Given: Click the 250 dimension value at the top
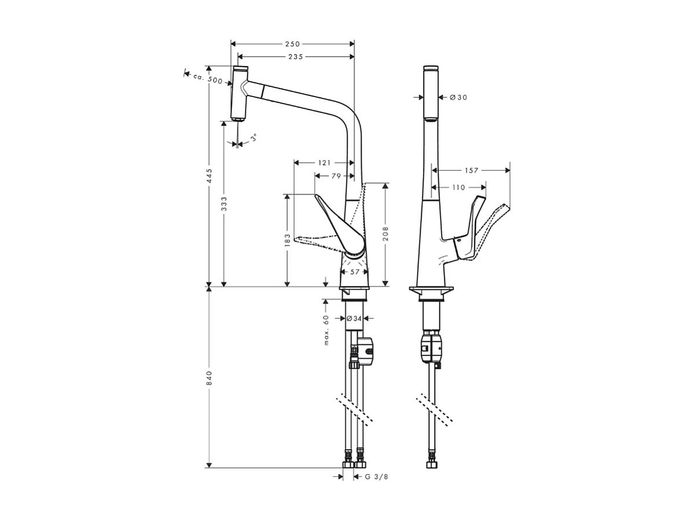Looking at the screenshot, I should pos(292,44).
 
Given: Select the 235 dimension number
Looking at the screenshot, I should pos(296,56).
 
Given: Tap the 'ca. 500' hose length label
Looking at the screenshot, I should pos(208,79).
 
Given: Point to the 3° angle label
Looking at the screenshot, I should pos(253,138).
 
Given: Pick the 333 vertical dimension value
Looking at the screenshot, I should pos(224,204).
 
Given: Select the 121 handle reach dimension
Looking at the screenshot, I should pos(325,163).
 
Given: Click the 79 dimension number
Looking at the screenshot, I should pos(336,176).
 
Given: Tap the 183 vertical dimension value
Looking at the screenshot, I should pos(286,240).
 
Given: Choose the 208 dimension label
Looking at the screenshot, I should pos(385,233).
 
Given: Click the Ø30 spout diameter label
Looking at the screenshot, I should pos(458,97).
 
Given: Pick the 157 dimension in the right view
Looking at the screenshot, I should pos(472,170).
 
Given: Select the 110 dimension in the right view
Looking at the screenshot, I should pos(458,188).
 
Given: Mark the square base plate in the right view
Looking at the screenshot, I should pos(431,289).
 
